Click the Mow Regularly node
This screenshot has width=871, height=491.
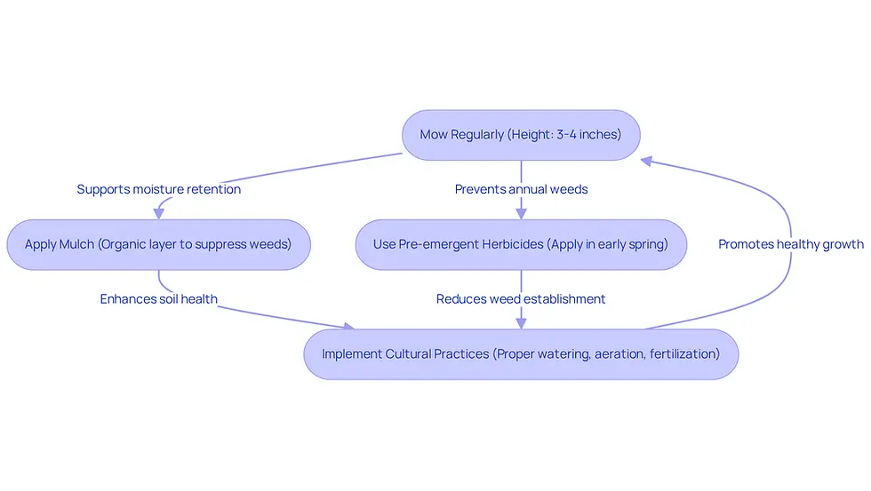521,135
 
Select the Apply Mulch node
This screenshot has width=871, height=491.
159,245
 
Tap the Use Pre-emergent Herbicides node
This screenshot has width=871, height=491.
521,245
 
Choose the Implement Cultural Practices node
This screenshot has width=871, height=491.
521,354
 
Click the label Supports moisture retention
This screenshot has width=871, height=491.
159,189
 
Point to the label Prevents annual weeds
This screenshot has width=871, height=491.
521,189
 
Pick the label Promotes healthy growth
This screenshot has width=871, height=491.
791,244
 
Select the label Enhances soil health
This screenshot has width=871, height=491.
159,299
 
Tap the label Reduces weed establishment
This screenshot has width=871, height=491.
521,299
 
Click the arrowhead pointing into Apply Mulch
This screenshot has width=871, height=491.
159,214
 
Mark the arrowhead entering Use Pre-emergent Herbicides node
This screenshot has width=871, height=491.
521,214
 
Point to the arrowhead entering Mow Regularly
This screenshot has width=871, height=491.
647,161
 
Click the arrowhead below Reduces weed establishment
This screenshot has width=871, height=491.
521,323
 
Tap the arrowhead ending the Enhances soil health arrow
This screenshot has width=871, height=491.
348,326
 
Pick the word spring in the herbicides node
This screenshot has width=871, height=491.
648,245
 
